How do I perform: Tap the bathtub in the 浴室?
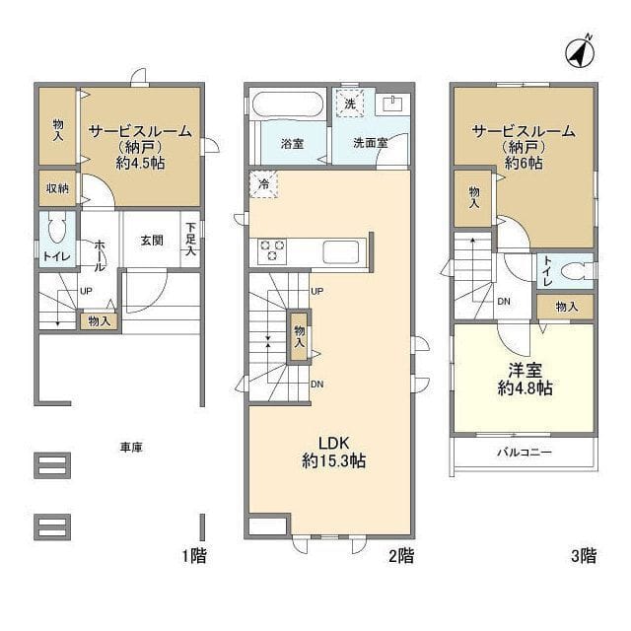(x=287, y=105)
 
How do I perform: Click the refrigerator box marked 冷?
(x=263, y=183)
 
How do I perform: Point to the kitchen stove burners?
(x=272, y=250)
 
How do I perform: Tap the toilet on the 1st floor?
(x=56, y=232)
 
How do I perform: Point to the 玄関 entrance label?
(x=151, y=240)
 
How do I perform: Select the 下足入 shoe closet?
(x=190, y=240)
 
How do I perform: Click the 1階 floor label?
(x=193, y=556)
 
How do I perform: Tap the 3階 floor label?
(x=582, y=556)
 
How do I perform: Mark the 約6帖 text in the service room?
(x=523, y=164)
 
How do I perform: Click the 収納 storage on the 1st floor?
(x=55, y=188)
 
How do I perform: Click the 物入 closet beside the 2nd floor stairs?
(x=299, y=337)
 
